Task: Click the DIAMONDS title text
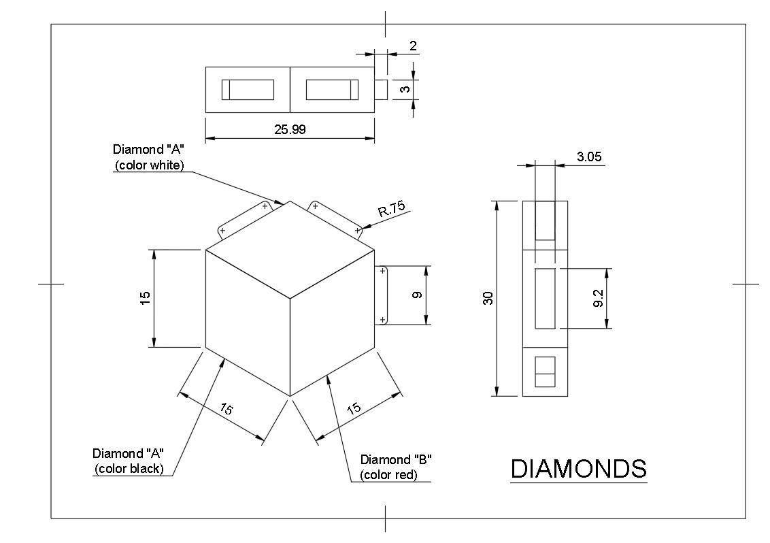point(578,469)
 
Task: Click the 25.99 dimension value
point(290,129)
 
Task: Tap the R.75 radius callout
point(390,210)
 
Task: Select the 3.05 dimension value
point(588,157)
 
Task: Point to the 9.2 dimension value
point(599,298)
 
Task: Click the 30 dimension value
point(488,298)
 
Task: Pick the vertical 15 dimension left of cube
point(145,298)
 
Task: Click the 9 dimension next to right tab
point(417,295)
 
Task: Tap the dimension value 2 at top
point(413,46)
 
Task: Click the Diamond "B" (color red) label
point(396,467)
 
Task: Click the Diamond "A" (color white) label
point(148,157)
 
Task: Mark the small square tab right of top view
point(382,90)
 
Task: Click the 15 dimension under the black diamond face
point(227,409)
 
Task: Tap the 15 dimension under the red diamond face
point(354,409)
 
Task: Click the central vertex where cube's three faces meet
point(290,298)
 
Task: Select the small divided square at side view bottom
point(545,372)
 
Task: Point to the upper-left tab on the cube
point(241,219)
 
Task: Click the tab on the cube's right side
point(381,295)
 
